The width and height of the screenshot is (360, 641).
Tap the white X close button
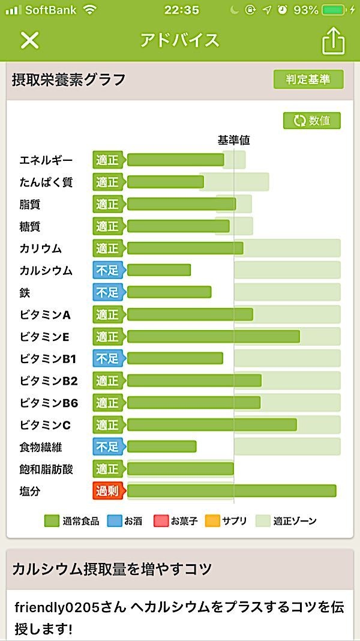click(x=29, y=40)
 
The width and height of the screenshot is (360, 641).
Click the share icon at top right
click(x=334, y=40)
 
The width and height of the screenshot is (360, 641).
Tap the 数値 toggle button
click(x=312, y=120)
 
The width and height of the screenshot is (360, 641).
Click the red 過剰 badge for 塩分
click(x=107, y=491)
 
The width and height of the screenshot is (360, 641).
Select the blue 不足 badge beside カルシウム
click(x=107, y=270)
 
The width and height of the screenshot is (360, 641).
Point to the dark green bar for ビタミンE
click(x=213, y=336)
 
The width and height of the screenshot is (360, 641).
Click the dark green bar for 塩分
click(x=231, y=491)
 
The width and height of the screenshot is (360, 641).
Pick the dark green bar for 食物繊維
click(x=161, y=447)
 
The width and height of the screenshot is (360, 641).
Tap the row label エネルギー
click(x=46, y=160)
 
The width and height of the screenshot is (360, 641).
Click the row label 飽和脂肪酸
click(x=46, y=469)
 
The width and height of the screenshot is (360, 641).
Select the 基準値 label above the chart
click(x=233, y=140)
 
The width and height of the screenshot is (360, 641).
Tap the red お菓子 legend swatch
click(x=161, y=521)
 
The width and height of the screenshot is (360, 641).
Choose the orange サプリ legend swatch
click(x=212, y=521)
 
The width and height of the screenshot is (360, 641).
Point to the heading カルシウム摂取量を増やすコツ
click(x=112, y=568)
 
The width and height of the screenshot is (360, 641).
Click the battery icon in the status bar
click(x=334, y=10)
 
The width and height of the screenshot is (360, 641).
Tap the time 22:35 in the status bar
click(x=181, y=10)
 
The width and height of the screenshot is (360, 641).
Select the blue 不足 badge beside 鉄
click(x=107, y=292)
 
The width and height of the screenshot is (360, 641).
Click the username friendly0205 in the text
click(x=52, y=607)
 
